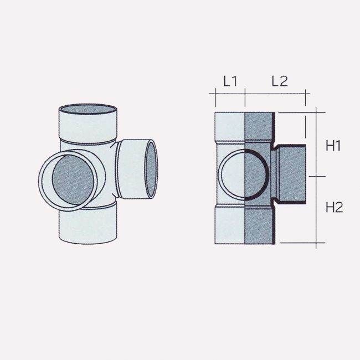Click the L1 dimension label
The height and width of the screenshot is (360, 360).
(230, 81)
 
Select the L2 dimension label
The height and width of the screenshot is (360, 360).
(279, 81)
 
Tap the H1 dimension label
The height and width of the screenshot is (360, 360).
(333, 146)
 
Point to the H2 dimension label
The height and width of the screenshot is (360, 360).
(334, 208)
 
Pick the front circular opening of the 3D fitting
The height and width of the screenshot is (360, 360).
(70, 182)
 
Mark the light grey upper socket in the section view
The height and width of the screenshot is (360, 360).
(229, 127)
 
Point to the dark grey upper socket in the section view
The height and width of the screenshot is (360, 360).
(259, 127)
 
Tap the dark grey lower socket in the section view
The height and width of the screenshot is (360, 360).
(259, 225)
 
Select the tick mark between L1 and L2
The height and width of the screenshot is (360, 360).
(245, 94)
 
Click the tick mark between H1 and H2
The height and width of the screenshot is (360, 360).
(315, 176)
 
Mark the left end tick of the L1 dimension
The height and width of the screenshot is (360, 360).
(214, 94)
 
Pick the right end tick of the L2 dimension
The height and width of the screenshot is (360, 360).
(305, 94)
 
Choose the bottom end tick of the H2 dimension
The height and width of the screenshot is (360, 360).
(315, 243)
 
